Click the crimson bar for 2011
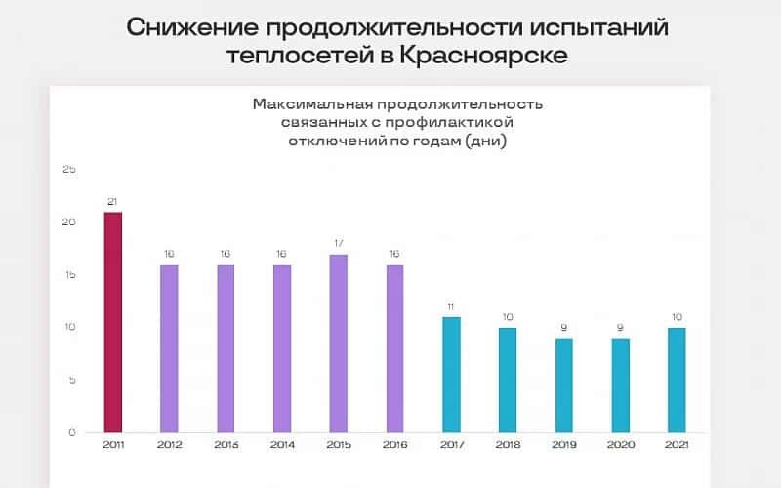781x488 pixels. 113,322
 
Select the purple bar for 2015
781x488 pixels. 339,344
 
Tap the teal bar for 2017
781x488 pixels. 451,375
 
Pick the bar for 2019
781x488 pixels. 564,386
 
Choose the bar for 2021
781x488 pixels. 677,381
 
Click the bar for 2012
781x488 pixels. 170,348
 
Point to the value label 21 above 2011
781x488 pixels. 113,202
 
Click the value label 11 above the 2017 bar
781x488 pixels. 451,306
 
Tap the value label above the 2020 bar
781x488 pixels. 621,328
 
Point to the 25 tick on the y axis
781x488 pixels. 68,169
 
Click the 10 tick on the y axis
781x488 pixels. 68,327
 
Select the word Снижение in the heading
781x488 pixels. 186,25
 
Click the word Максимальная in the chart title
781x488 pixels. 306,103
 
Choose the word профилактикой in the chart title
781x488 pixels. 460,122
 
